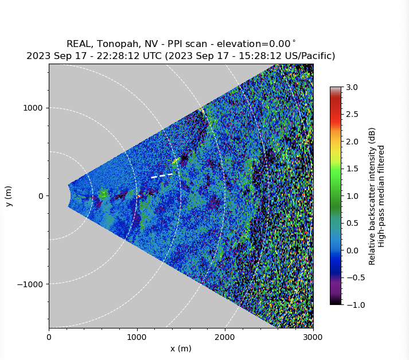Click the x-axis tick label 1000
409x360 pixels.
[137, 336]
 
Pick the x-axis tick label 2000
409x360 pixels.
[225, 336]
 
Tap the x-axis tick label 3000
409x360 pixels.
[313, 336]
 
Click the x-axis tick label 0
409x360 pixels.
[49, 336]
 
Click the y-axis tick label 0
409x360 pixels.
[41, 196]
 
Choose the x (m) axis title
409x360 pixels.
[181, 349]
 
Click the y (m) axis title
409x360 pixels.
[9, 196]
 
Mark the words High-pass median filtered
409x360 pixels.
[381, 196]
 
